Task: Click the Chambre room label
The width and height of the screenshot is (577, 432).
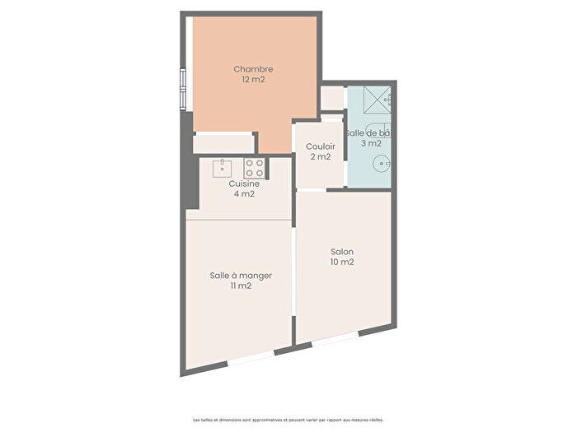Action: point(253,69)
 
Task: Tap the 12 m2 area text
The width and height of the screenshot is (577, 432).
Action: point(253,81)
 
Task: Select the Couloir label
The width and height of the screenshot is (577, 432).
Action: point(321,146)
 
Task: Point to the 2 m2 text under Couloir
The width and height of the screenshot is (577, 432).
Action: point(321,157)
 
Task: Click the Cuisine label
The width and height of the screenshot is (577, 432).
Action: point(244,183)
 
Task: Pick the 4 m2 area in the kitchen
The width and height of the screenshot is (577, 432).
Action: point(244,194)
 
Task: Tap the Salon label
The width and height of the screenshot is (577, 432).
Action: point(342,252)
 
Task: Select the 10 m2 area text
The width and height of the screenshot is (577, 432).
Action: point(342,262)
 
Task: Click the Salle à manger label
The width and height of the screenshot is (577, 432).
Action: point(241,275)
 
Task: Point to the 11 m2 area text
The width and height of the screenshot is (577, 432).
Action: point(241,286)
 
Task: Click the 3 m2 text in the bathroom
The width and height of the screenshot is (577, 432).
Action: point(369,143)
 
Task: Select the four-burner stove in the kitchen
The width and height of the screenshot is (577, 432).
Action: point(254,168)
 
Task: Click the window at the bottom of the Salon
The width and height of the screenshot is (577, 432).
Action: point(335,340)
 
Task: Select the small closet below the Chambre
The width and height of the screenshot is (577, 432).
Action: point(223,144)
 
